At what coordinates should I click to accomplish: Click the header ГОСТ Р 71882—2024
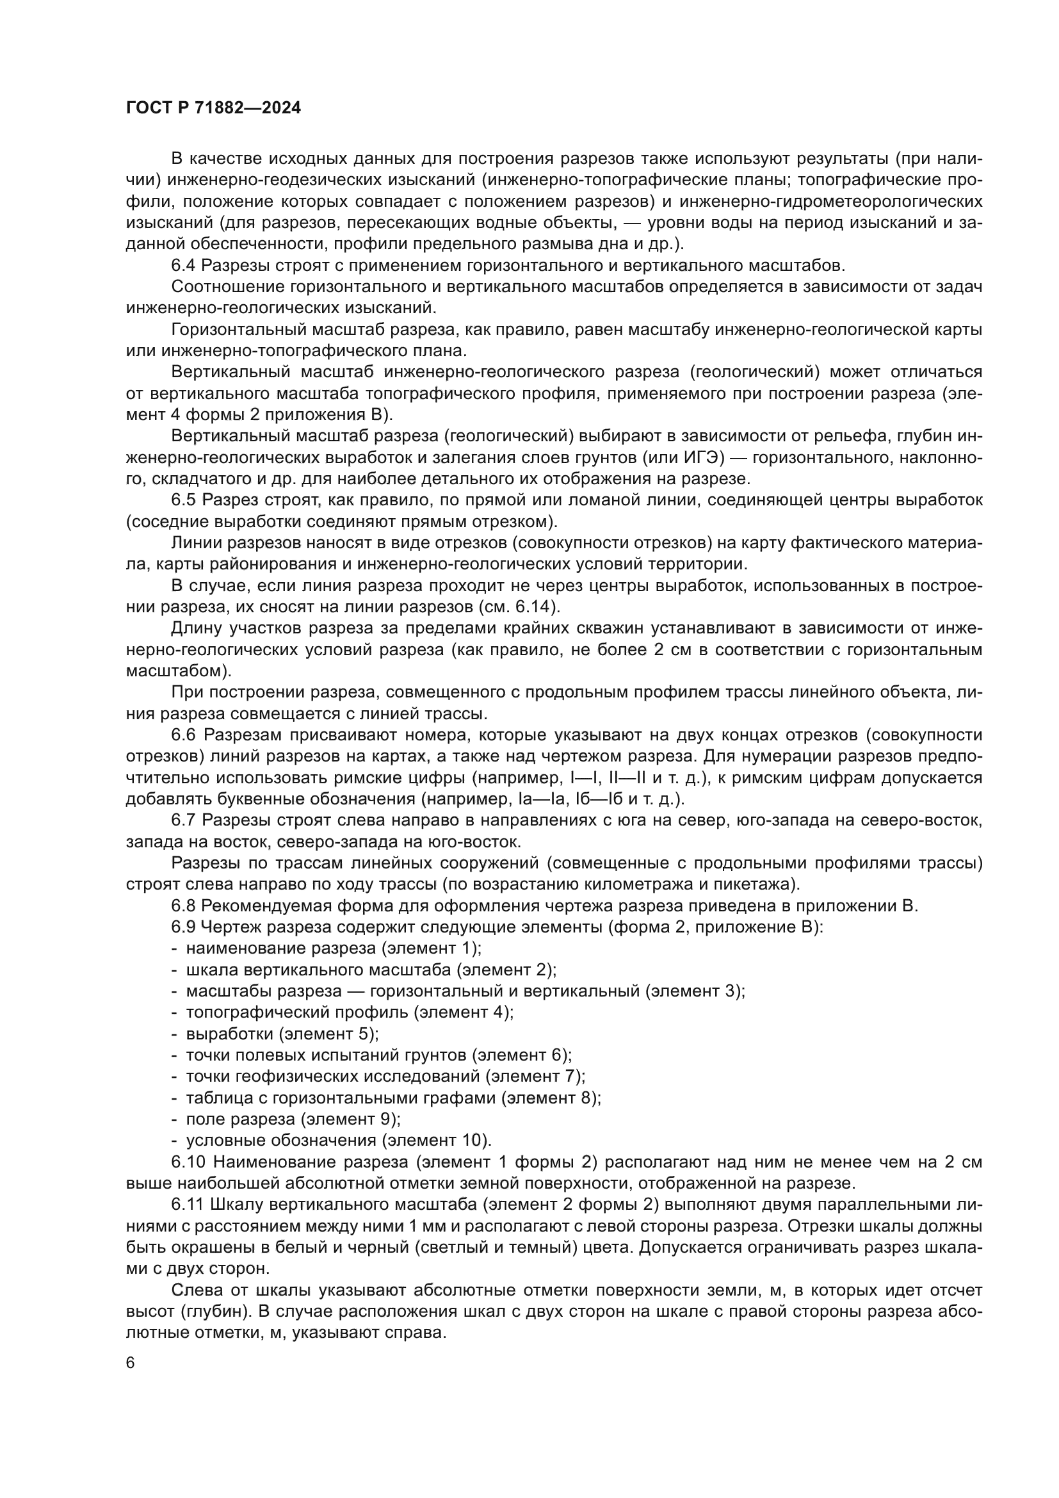click(x=214, y=108)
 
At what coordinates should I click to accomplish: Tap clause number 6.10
click(x=188, y=1162)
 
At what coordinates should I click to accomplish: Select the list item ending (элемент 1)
click(x=333, y=948)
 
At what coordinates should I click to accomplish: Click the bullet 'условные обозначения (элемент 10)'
click(x=339, y=1141)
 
